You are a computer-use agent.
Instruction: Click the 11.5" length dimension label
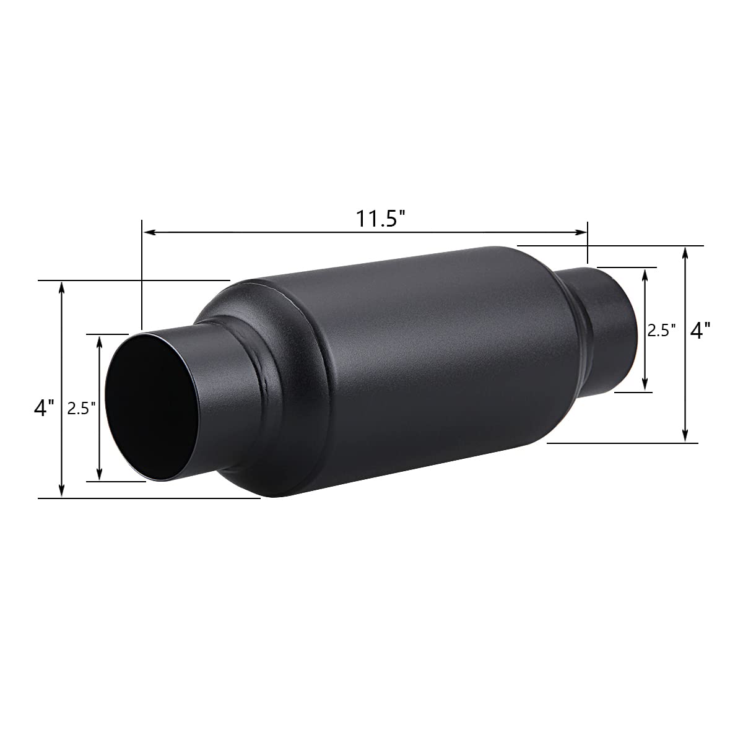click(380, 219)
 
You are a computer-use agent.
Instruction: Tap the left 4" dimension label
click(44, 407)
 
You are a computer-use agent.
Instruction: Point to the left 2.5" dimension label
click(80, 409)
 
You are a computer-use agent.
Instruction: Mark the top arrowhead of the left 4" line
click(61, 287)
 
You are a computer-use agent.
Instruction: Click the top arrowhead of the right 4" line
click(685, 252)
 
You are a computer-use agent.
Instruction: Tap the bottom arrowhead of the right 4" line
click(685, 437)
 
